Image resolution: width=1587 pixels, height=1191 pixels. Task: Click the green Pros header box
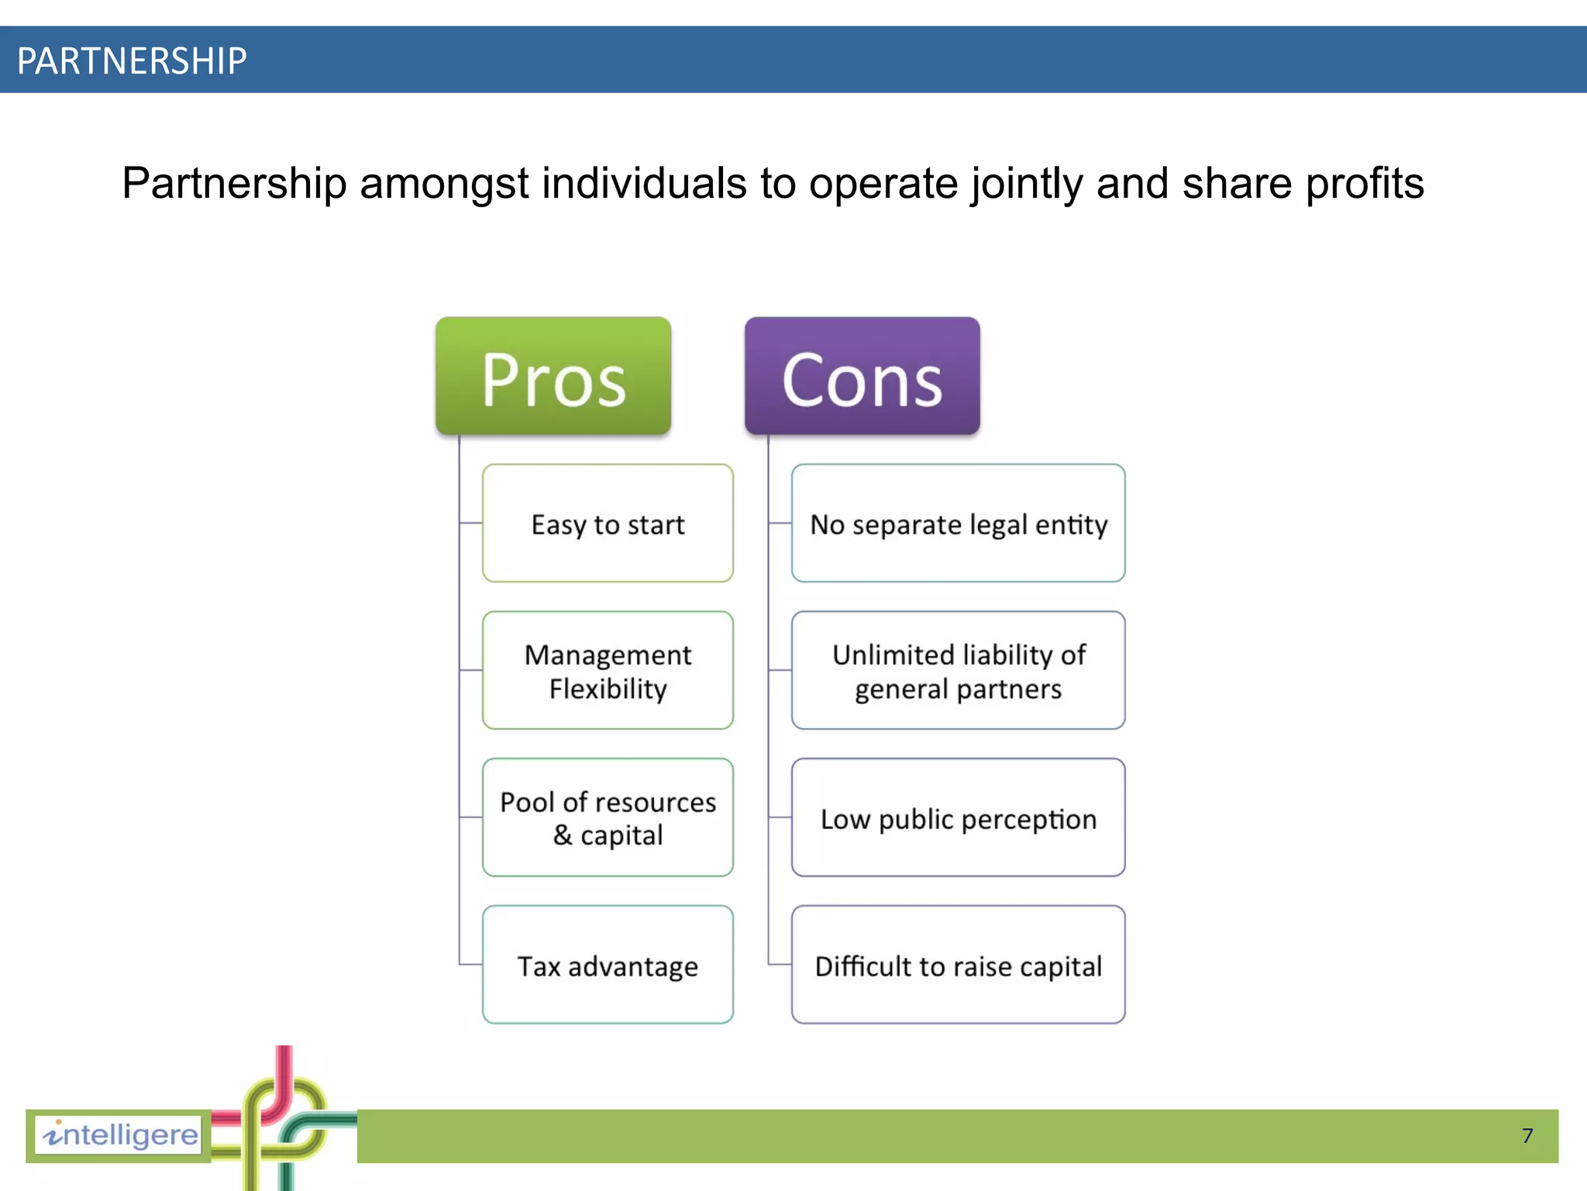click(x=553, y=376)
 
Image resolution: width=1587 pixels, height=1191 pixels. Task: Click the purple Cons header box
click(x=862, y=376)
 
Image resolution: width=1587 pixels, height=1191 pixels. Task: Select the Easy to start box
click(x=608, y=523)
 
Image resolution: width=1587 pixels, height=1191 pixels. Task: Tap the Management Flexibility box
click(x=608, y=671)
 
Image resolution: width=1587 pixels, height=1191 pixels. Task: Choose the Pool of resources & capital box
click(x=608, y=817)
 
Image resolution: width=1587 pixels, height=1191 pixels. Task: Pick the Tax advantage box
click(x=608, y=965)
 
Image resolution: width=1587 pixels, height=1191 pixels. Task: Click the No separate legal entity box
click(x=958, y=523)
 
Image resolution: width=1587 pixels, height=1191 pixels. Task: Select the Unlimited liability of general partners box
click(x=958, y=671)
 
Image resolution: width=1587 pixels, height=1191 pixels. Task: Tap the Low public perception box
click(x=958, y=817)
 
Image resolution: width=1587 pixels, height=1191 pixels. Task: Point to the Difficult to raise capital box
click(x=958, y=965)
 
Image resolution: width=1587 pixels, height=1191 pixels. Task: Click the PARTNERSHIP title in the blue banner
click(x=132, y=60)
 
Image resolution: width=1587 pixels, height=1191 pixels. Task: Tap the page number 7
click(x=1527, y=1136)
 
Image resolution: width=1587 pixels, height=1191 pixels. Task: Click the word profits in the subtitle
click(x=1365, y=185)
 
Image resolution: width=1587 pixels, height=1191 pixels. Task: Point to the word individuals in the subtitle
click(x=643, y=185)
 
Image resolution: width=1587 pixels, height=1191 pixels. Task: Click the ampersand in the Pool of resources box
click(x=563, y=835)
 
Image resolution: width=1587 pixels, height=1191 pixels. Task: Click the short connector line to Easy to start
click(x=470, y=523)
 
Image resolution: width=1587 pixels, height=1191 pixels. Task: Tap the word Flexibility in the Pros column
click(x=608, y=689)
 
